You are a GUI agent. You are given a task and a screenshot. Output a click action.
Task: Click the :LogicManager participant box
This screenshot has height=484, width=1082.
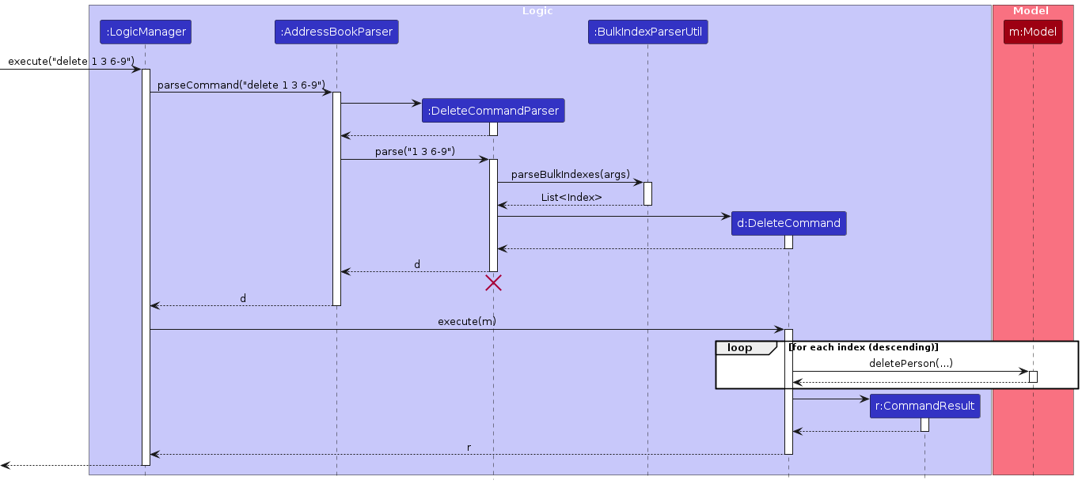point(146,32)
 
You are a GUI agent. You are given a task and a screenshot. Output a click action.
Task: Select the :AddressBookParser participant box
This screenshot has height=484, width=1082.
point(336,32)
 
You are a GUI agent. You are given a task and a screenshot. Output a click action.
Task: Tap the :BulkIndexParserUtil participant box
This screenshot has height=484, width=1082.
point(647,32)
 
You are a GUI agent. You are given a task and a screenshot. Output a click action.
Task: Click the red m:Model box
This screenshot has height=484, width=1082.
point(1033,32)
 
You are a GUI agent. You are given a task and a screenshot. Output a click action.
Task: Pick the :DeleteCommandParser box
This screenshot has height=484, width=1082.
point(493,112)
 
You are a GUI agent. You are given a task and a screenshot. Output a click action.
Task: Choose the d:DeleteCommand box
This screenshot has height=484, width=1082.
point(788,224)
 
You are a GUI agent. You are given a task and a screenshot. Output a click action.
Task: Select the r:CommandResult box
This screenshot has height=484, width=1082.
point(924,406)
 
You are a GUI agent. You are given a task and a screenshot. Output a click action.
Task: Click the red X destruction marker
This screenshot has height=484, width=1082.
point(493,282)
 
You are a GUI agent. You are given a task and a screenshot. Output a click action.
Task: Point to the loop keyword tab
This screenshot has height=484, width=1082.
point(739,348)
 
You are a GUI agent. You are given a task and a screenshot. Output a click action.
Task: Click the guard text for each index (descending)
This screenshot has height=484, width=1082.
point(864,347)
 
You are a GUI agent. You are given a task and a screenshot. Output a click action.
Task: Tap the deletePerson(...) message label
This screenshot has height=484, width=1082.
point(910,364)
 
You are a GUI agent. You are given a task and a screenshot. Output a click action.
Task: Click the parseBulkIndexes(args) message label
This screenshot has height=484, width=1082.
point(570,175)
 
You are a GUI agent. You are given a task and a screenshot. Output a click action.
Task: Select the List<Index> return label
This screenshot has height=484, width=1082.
point(571,198)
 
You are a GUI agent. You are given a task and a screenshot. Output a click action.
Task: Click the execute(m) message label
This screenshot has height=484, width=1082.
point(467,322)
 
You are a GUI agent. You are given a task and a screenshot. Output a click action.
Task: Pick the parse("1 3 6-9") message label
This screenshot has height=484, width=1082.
point(415,152)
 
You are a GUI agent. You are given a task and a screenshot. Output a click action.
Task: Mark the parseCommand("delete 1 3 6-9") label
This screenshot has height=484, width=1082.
point(241,85)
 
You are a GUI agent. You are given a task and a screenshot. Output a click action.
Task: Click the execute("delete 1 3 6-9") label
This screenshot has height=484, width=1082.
point(71,62)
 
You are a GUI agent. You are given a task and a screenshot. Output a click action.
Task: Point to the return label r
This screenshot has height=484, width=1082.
point(469,448)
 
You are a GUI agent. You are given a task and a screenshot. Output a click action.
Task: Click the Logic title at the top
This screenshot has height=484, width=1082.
point(537,11)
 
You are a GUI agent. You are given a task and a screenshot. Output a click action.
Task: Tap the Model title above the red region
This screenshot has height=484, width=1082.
point(1031,11)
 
